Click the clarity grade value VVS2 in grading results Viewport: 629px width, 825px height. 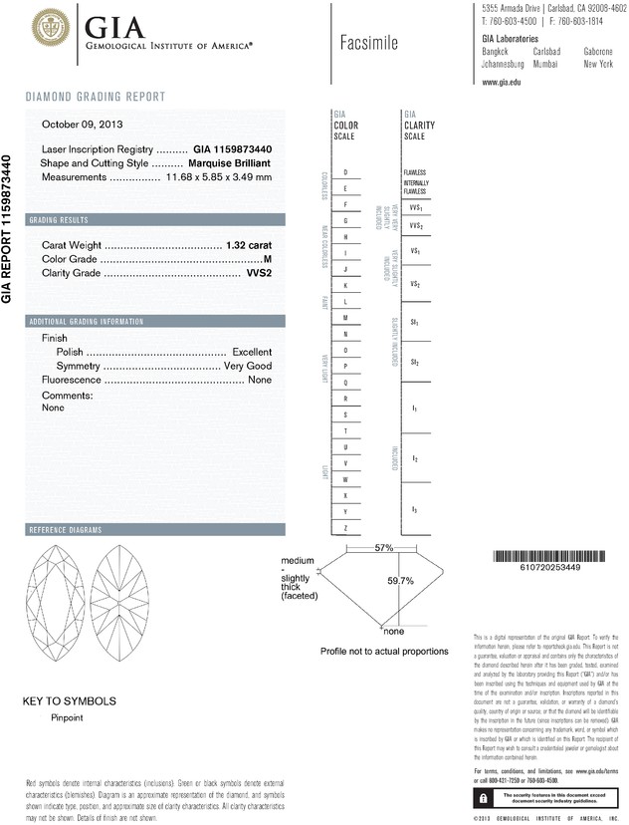coord(259,273)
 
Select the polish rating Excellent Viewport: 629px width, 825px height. coord(252,353)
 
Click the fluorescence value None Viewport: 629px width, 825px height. coord(260,381)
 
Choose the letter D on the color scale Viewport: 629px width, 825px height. coord(345,172)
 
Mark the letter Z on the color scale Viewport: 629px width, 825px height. coord(345,526)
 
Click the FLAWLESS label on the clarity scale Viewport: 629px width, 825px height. coord(415,172)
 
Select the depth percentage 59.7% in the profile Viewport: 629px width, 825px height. coord(400,581)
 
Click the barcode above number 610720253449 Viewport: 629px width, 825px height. coord(551,556)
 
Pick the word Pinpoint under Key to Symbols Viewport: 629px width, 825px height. coord(68,716)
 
